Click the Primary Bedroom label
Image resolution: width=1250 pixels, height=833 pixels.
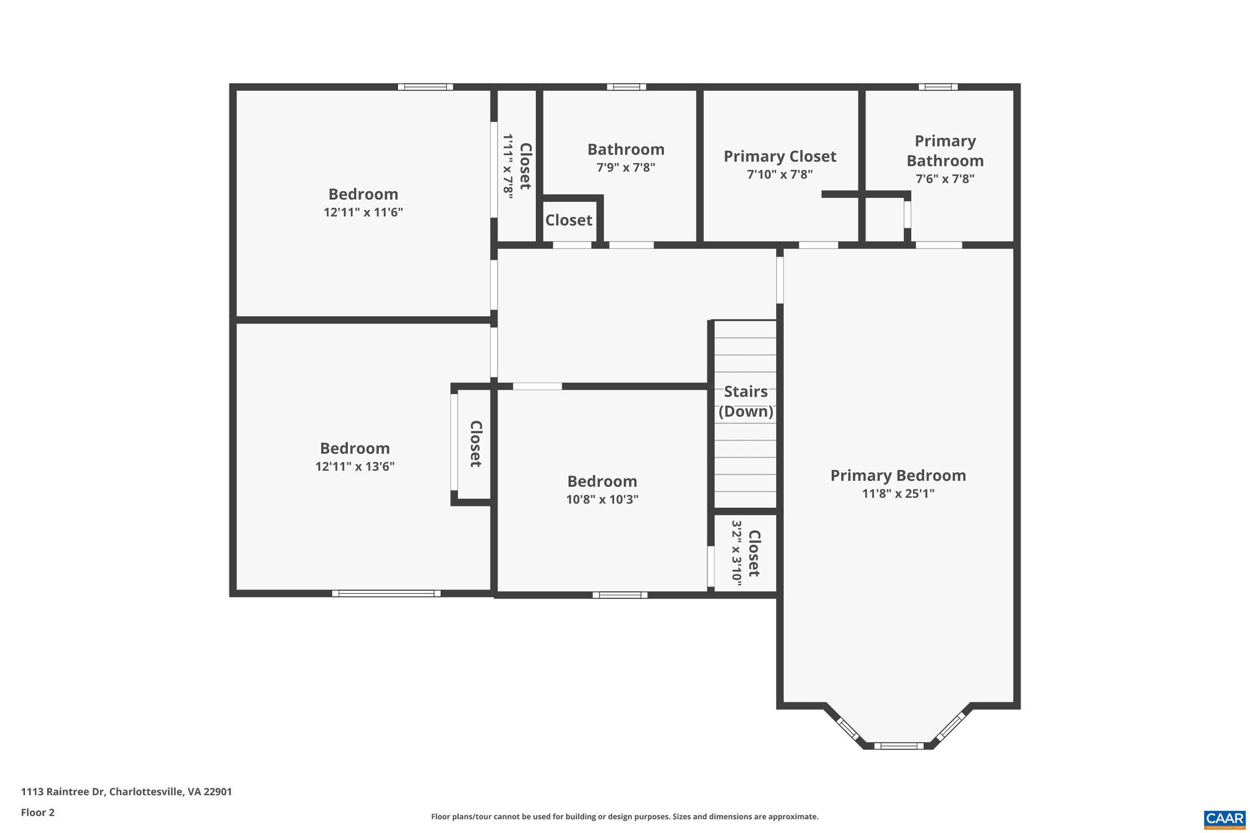[x=898, y=475]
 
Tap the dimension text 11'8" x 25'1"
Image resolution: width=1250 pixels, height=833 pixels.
[x=898, y=494]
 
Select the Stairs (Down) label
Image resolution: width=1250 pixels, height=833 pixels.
[x=745, y=401]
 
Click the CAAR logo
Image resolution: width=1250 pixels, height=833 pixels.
[x=1224, y=818]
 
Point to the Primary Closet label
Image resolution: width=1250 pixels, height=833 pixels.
[x=779, y=156]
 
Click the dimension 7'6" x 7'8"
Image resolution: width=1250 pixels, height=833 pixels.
[x=944, y=179]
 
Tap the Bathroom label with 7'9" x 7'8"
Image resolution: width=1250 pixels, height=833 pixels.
[x=626, y=150]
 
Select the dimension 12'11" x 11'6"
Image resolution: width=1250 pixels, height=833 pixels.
[x=363, y=212]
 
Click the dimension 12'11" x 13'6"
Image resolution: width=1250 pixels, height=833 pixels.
[x=355, y=467]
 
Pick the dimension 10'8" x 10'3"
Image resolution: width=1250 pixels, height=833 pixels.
[x=602, y=500]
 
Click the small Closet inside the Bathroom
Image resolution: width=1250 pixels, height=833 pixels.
[x=568, y=220]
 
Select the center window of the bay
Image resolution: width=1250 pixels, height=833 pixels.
[x=898, y=746]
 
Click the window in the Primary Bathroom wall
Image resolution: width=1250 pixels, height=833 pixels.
[x=937, y=87]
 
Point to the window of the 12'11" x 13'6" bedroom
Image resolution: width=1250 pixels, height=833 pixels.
[x=386, y=593]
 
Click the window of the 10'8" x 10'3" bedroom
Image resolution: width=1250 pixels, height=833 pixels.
[x=620, y=595]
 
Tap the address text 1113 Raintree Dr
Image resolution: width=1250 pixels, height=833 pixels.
[x=126, y=792]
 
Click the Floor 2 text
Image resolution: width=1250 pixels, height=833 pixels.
[x=38, y=812]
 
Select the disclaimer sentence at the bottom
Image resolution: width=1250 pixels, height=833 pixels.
[x=624, y=817]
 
